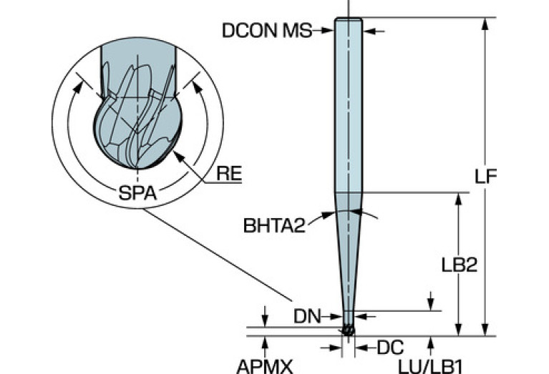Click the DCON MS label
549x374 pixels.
(x=267, y=31)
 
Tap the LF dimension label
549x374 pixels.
(x=485, y=177)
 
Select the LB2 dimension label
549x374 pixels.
(x=459, y=265)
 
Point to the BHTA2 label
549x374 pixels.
(x=274, y=226)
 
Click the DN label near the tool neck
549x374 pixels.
(x=307, y=317)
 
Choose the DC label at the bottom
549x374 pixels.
(x=390, y=348)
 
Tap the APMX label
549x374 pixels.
(x=265, y=367)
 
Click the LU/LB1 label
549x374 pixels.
(x=430, y=367)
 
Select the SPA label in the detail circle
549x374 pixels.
(x=137, y=192)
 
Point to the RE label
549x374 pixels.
(x=229, y=174)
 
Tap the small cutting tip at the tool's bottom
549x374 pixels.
(x=349, y=330)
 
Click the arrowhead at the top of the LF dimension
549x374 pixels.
(x=485, y=24)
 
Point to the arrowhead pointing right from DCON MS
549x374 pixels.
(x=328, y=31)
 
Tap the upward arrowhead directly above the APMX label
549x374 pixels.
(x=265, y=342)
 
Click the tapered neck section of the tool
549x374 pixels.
(x=349, y=252)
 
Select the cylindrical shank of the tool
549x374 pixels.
(x=349, y=105)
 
